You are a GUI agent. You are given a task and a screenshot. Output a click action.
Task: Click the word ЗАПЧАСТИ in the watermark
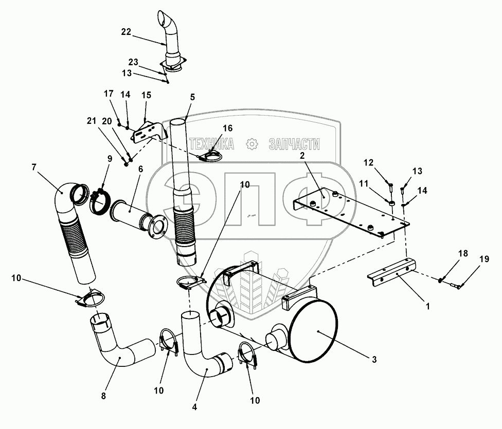pos(294,144)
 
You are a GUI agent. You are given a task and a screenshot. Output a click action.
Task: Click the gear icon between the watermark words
pos(252,144)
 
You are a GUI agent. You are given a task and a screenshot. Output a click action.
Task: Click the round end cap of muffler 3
pos(314,332)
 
